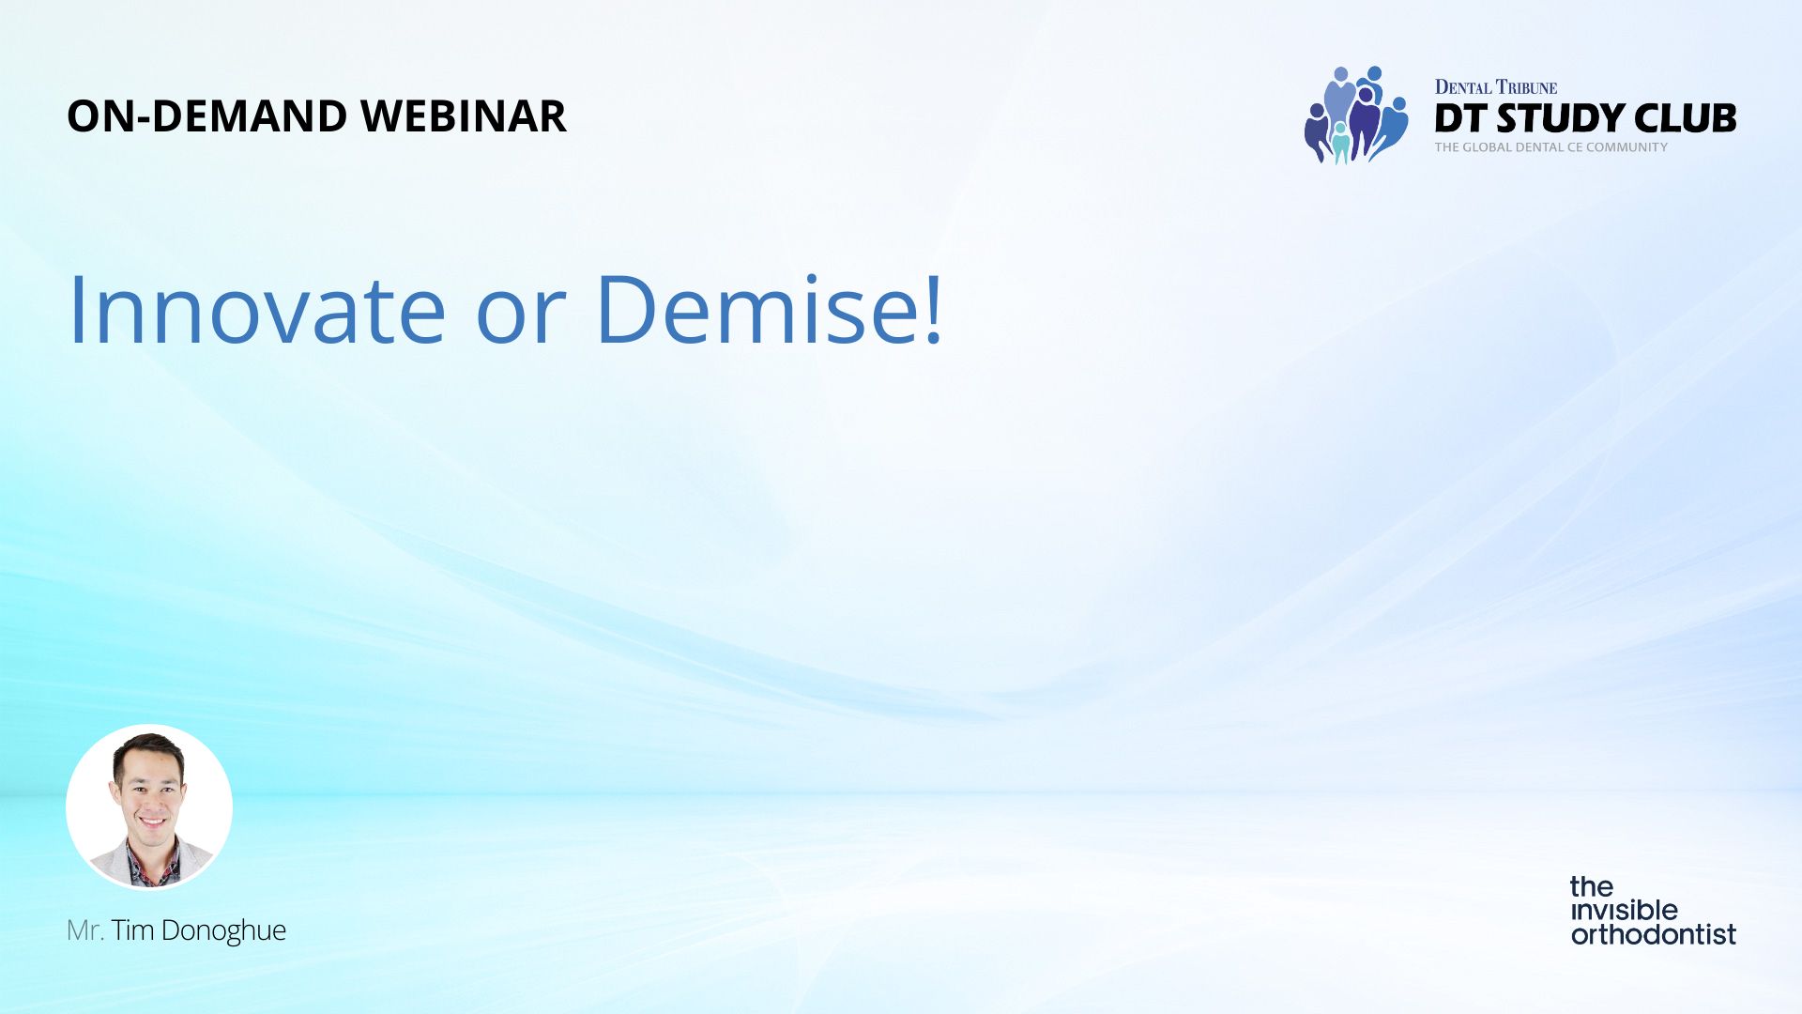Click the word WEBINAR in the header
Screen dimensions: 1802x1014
tap(463, 116)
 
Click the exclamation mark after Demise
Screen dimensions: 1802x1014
tap(933, 309)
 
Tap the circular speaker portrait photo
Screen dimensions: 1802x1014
tap(149, 807)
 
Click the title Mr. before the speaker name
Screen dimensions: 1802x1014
tap(84, 930)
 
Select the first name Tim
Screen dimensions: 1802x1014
tap(133, 930)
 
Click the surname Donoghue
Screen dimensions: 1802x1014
tap(223, 931)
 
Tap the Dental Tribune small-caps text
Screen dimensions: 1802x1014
tap(1496, 87)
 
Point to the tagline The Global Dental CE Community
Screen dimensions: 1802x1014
tap(1551, 147)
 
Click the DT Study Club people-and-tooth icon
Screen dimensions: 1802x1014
tap(1356, 115)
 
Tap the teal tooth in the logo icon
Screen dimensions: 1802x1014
tap(1341, 144)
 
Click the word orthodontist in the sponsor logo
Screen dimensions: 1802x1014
tap(1654, 935)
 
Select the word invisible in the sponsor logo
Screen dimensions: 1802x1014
tap(1625, 910)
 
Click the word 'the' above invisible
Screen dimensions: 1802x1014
tap(1592, 886)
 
